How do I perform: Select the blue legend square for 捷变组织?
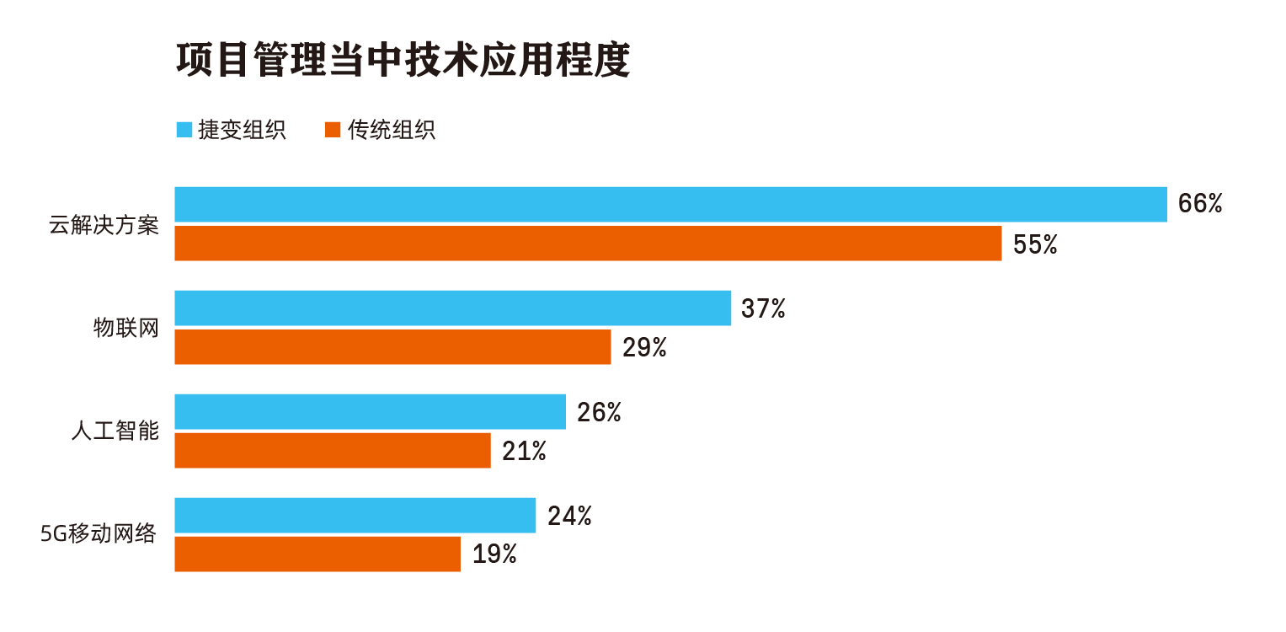click(184, 130)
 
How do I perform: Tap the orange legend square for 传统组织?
click(332, 130)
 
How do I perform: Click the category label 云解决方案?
click(104, 226)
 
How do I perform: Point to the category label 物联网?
click(126, 328)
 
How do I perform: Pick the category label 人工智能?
click(115, 431)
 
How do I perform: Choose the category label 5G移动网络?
click(99, 534)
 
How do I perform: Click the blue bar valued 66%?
click(670, 204)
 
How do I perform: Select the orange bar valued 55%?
click(588, 243)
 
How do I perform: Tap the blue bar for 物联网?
click(452, 308)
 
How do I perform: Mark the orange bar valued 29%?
click(392, 346)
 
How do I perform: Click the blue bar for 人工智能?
click(370, 411)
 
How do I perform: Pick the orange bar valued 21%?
click(332, 450)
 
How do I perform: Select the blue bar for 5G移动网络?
click(355, 515)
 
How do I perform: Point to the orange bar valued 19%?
click(317, 554)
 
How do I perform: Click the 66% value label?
click(1199, 204)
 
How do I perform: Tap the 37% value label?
click(763, 308)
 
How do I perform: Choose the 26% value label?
click(599, 412)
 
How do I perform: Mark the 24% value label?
click(569, 516)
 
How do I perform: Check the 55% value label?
click(1034, 244)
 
